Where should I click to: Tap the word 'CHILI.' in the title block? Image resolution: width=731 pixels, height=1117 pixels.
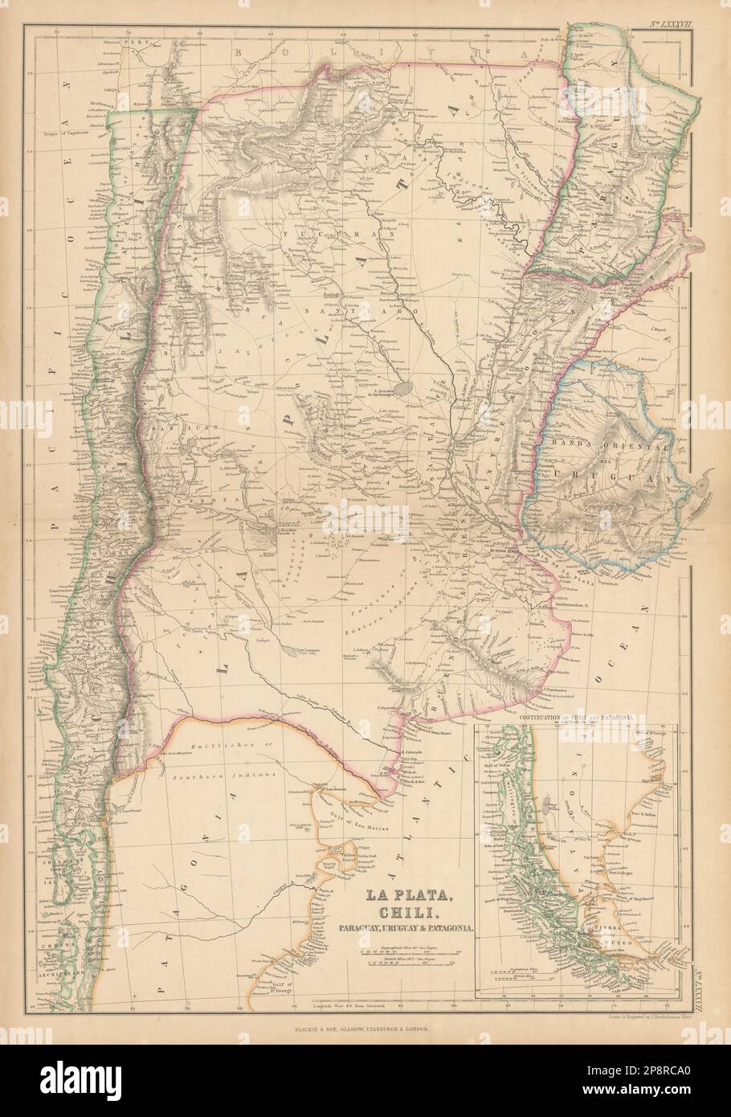click(410, 913)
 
